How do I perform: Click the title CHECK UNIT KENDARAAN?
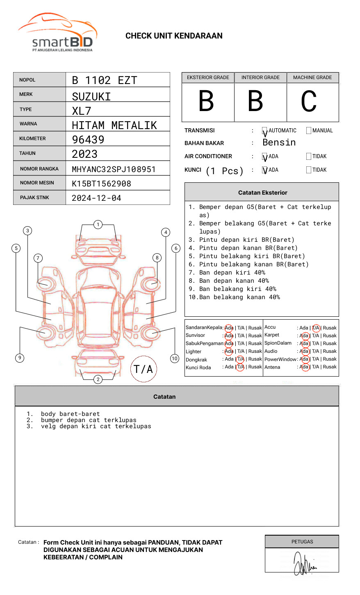click(174, 36)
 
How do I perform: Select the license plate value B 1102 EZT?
click(104, 80)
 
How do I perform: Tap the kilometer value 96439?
click(88, 140)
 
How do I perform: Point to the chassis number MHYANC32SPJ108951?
click(114, 169)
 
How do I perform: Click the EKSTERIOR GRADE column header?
click(208, 77)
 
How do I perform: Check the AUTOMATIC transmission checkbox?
click(265, 131)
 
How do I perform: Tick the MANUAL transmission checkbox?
click(309, 131)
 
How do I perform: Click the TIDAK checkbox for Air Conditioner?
click(309, 157)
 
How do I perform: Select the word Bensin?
click(279, 143)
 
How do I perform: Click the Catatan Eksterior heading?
click(262, 193)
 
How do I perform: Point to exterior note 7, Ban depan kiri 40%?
click(232, 273)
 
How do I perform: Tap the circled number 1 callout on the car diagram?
click(98, 224)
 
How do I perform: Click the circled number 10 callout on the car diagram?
click(175, 358)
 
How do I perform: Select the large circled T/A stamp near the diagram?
click(144, 369)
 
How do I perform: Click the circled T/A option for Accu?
click(316, 328)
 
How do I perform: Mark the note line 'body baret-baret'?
click(70, 414)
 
